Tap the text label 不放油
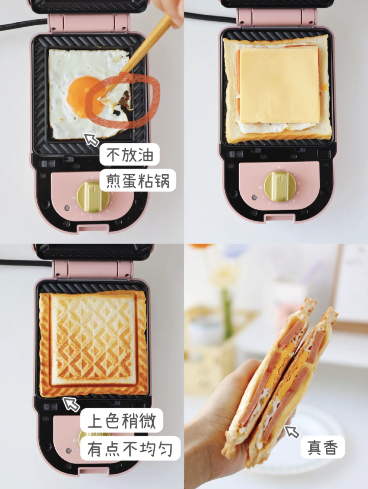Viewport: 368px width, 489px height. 129,155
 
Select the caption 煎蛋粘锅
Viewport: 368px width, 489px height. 137,180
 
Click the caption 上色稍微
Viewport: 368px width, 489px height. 121,420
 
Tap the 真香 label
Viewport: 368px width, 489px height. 323,447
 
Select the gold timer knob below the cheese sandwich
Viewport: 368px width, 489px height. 280,186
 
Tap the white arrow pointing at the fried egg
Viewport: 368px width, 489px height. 92,140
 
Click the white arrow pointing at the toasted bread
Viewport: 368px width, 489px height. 71,404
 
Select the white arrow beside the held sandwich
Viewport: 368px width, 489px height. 292,432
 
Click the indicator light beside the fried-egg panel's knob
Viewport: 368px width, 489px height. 67,208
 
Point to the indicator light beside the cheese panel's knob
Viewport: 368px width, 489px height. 255,197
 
